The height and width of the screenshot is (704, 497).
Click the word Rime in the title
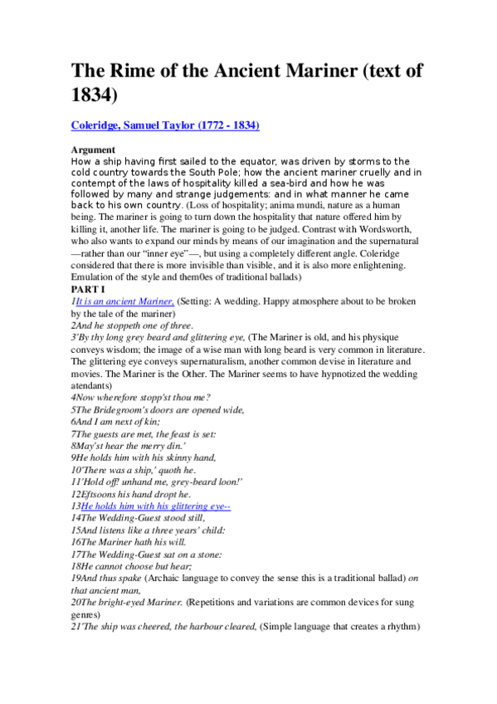coord(134,71)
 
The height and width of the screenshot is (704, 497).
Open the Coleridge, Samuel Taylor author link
coord(165,125)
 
